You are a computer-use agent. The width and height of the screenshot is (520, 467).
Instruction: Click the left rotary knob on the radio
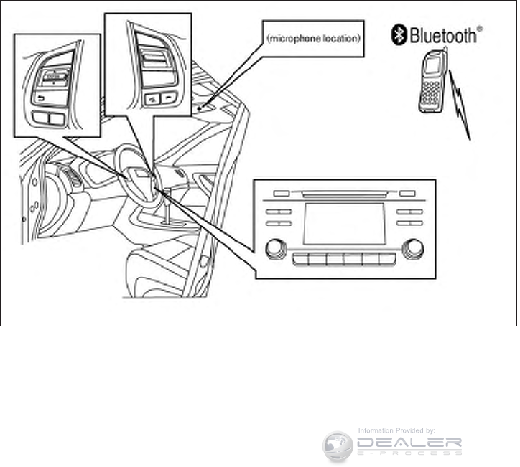[274, 249]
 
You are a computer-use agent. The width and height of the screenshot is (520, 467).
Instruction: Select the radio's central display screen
[343, 222]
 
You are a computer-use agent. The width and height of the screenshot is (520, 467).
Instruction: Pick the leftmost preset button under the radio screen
[300, 259]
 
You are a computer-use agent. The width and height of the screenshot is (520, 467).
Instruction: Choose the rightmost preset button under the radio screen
[387, 259]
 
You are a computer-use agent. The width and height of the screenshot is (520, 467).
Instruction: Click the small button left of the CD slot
[281, 193]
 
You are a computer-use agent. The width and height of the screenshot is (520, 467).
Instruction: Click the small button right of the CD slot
[407, 193]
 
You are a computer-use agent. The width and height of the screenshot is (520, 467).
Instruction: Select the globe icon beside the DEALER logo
[338, 445]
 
